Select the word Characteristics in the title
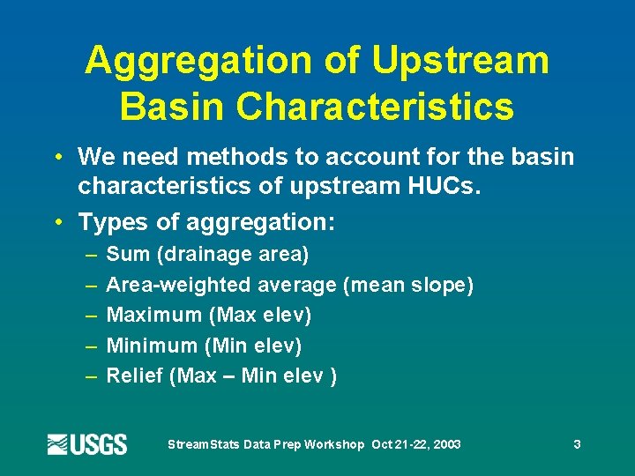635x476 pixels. click(377, 108)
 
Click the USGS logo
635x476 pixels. click(87, 444)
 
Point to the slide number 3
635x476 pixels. click(577, 444)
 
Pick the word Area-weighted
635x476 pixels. click(179, 286)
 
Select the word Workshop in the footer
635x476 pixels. click(334, 444)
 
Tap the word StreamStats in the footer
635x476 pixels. click(201, 444)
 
